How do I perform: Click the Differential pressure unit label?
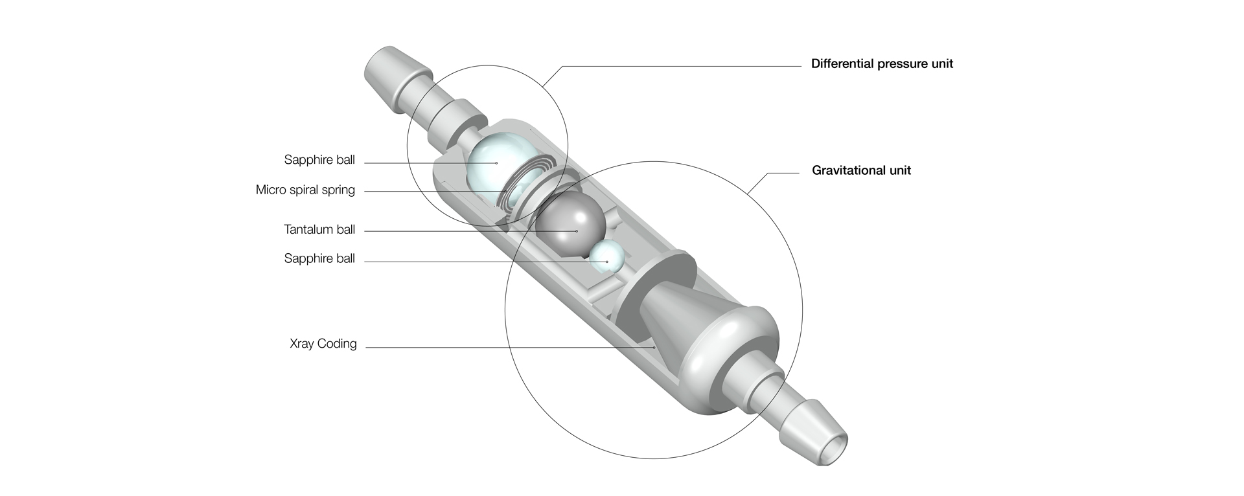click(x=882, y=64)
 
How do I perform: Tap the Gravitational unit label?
click(x=861, y=171)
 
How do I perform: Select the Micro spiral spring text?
click(x=305, y=190)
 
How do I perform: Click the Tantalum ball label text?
click(x=319, y=230)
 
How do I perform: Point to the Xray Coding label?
click(x=323, y=344)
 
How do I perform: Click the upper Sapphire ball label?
click(x=319, y=160)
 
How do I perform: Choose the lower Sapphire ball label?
click(x=319, y=259)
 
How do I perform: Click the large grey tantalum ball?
click(x=570, y=223)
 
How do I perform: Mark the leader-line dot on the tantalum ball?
click(x=576, y=231)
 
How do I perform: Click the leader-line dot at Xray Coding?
click(x=654, y=348)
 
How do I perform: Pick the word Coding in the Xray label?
click(x=337, y=344)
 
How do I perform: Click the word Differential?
click(x=841, y=64)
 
